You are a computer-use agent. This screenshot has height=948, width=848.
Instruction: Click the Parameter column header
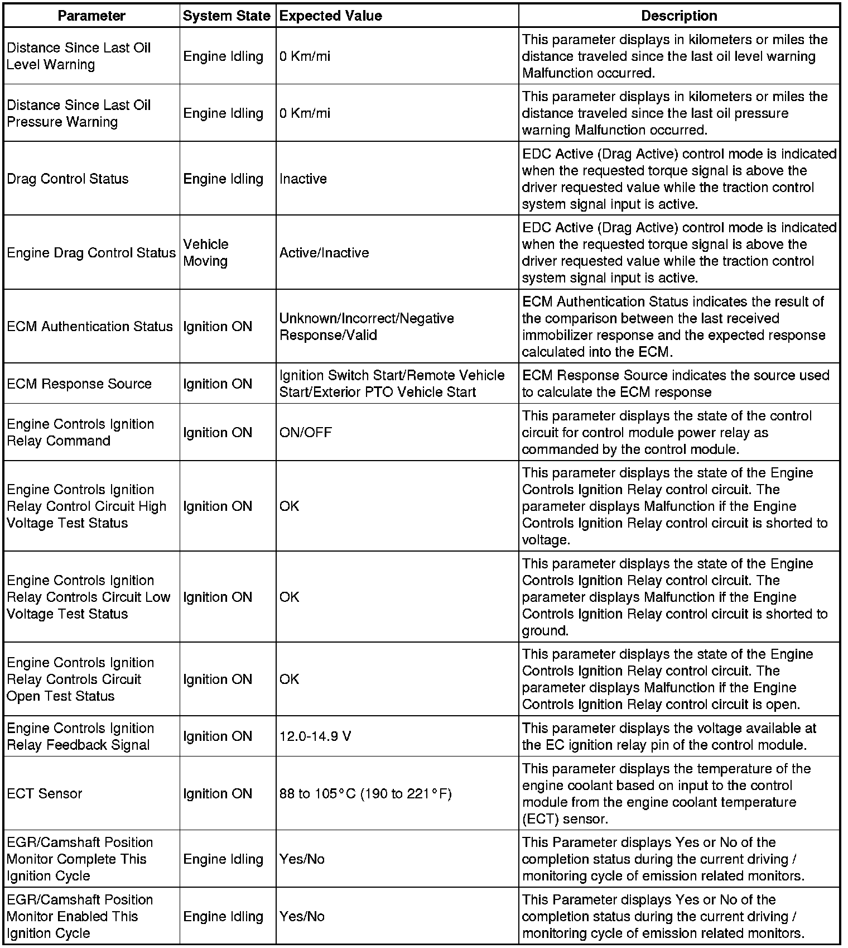[91, 16]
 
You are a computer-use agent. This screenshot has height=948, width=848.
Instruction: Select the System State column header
[227, 16]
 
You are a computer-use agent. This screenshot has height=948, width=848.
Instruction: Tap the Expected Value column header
[331, 16]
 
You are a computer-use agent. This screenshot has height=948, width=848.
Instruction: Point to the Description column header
[679, 16]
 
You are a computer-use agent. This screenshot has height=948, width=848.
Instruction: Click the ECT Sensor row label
[45, 793]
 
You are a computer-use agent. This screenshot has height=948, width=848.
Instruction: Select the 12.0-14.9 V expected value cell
[315, 736]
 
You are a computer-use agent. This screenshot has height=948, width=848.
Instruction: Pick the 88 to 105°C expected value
[365, 793]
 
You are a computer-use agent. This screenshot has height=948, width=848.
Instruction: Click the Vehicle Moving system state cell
[206, 252]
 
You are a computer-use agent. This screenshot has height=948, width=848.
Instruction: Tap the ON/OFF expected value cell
[306, 433]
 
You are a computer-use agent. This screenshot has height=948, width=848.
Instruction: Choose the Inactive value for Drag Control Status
[303, 179]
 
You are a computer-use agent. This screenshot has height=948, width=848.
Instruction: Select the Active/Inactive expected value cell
[324, 253]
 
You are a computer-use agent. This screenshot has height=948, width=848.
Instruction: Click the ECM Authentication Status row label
[90, 327]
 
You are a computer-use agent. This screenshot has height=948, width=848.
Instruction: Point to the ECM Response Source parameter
[79, 384]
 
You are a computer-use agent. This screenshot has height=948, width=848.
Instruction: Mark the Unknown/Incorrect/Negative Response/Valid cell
[367, 327]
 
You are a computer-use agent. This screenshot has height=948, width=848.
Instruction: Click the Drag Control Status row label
[68, 179]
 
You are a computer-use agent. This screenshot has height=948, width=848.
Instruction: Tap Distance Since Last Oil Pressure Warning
[79, 113]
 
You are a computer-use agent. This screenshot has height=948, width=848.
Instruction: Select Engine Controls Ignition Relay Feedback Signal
[80, 736]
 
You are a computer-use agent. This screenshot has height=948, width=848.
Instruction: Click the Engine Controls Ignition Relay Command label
[80, 433]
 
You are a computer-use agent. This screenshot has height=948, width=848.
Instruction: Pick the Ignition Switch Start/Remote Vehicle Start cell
[392, 384]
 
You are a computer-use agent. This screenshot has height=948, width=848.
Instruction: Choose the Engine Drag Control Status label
[91, 253]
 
